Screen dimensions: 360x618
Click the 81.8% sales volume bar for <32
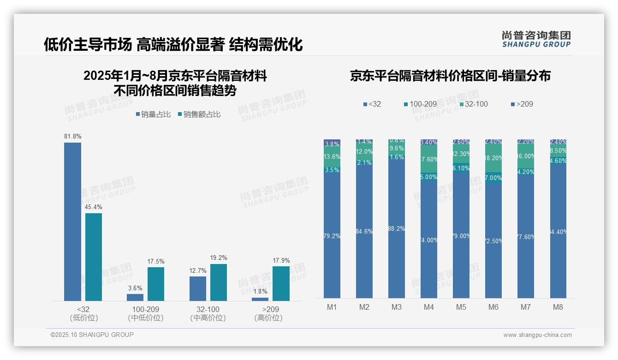(x=72, y=222)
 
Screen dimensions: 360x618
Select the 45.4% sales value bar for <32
(x=94, y=257)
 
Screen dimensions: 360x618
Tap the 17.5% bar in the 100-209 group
(x=156, y=284)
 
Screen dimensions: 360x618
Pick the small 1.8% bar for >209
(x=260, y=299)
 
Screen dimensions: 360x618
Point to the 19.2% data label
(x=218, y=258)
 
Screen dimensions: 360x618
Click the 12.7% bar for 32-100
(x=198, y=288)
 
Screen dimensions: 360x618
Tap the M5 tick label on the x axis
(x=461, y=307)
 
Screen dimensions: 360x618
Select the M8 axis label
(x=558, y=307)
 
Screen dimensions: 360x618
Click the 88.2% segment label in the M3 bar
(x=397, y=229)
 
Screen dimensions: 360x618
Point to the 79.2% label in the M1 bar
(x=332, y=236)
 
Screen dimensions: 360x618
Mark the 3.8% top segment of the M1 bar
(x=332, y=144)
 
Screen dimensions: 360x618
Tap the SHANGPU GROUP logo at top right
(x=536, y=39)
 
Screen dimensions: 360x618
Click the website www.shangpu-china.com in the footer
(x=537, y=335)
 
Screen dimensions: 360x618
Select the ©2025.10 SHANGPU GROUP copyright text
(x=92, y=335)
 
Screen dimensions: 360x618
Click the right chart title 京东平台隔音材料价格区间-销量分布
(x=450, y=76)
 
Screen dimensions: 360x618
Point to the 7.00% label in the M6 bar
(x=493, y=178)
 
